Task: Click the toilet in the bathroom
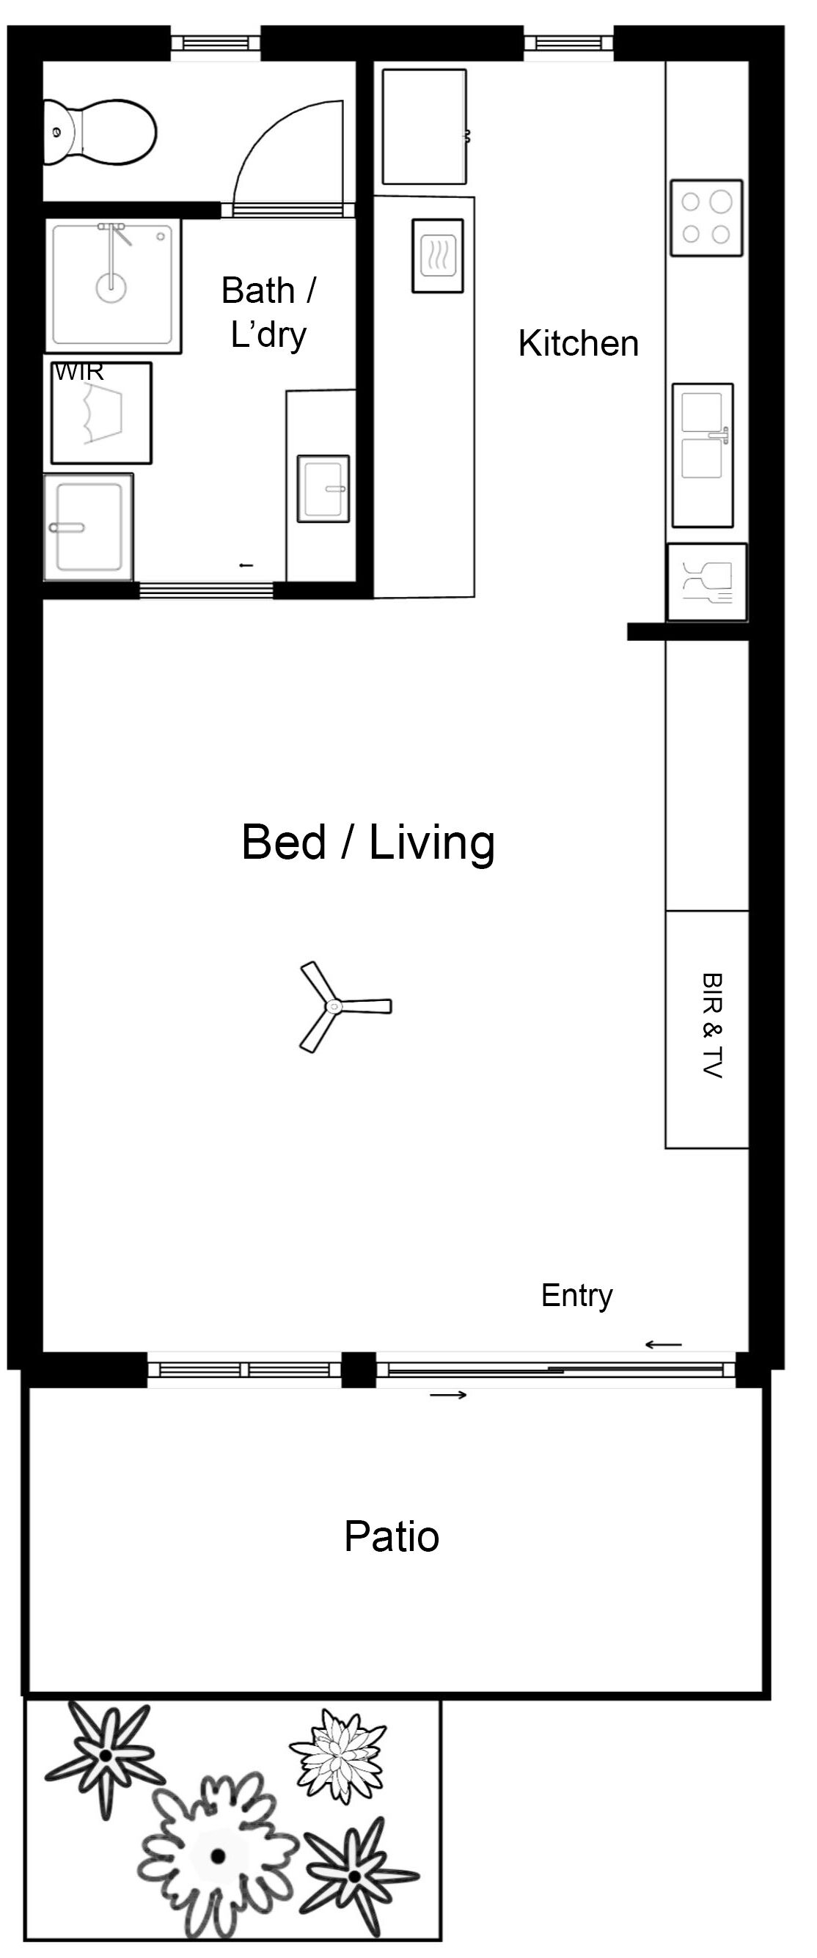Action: [99, 131]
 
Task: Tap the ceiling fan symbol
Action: [334, 1006]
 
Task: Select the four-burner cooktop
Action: [706, 218]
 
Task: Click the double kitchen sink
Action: [703, 455]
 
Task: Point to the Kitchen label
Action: [579, 343]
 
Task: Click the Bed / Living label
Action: [369, 843]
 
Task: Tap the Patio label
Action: [392, 1536]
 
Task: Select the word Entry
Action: [577, 1296]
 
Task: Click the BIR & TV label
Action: [711, 1025]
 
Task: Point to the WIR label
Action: [79, 372]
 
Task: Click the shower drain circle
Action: [111, 287]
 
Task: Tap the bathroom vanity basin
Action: [323, 488]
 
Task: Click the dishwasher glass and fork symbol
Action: [707, 582]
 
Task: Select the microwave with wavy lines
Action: [438, 255]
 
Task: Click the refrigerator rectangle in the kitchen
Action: [424, 126]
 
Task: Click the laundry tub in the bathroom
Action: [88, 526]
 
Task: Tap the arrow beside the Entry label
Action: [664, 1345]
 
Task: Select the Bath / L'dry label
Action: [269, 312]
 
